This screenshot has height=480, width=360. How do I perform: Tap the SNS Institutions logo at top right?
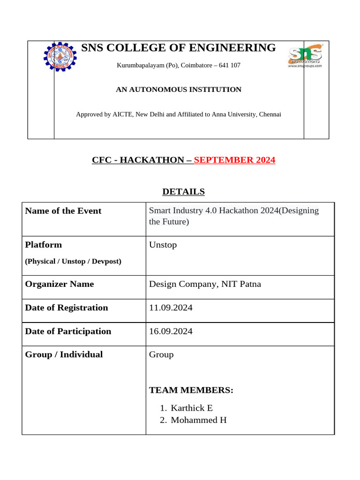tap(305, 57)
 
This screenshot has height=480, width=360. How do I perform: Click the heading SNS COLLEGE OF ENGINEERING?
tap(179, 48)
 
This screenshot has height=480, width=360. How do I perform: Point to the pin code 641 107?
tap(230, 65)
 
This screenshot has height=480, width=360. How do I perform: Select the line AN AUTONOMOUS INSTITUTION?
tap(179, 90)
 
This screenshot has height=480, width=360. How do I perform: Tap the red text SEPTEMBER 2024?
tap(234, 160)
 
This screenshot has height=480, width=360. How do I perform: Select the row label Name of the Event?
tap(63, 211)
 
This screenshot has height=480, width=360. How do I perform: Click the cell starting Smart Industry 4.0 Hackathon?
tap(233, 216)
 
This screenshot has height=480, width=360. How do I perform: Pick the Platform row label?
tap(44, 245)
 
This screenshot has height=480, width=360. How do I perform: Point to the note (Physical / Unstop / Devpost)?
tap(73, 261)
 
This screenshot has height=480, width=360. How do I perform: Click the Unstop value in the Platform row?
tap(163, 245)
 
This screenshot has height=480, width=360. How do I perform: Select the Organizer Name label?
tap(60, 284)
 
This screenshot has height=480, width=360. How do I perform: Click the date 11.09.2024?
tap(171, 307)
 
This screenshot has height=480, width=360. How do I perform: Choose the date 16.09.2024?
tap(171, 331)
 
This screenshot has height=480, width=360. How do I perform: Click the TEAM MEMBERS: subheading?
tap(191, 390)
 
